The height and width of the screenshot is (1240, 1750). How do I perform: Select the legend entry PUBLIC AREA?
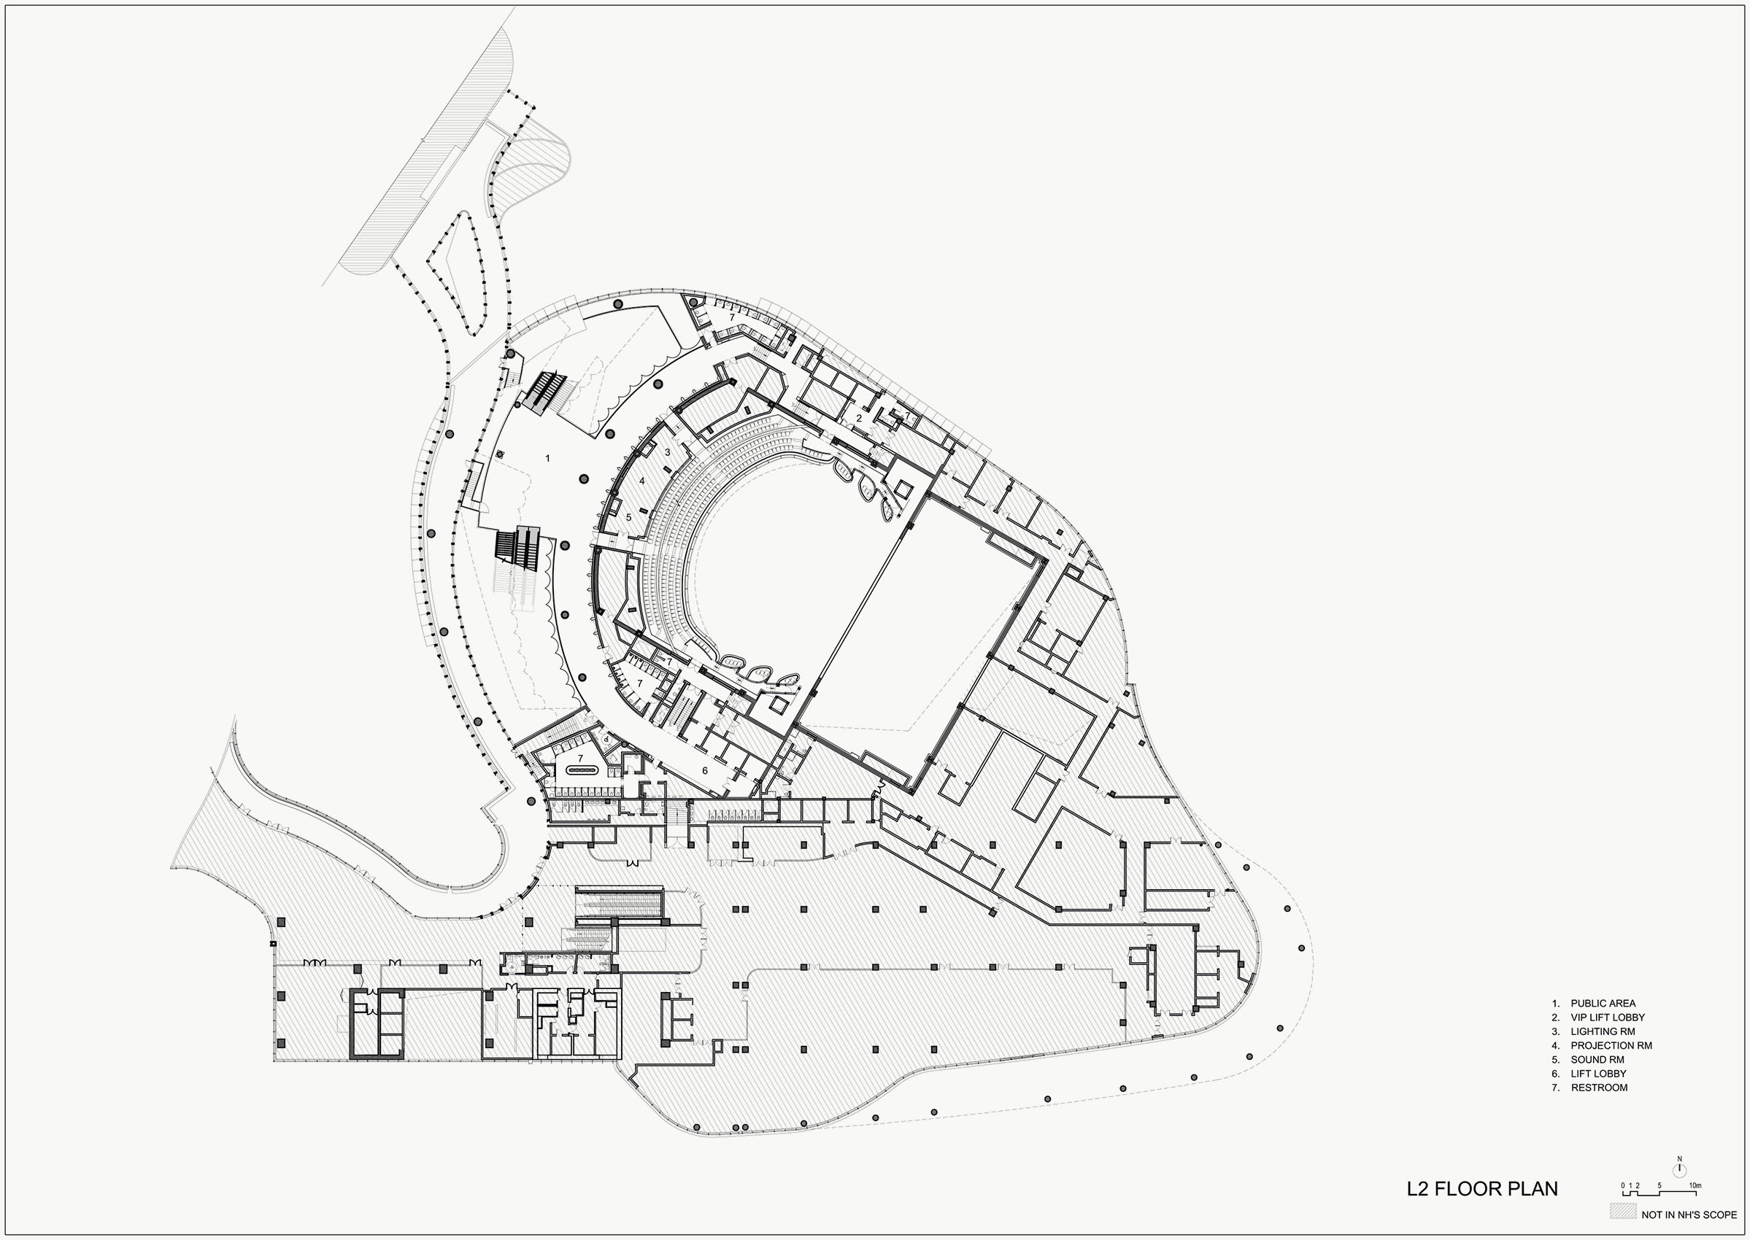[1603, 1003]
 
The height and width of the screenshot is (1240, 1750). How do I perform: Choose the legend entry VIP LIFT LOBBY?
[1607, 1017]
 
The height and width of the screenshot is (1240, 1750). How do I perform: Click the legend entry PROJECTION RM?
[1611, 1045]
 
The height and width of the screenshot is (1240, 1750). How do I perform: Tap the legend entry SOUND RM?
[1596, 1060]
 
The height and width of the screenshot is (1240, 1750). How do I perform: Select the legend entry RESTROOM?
[1599, 1088]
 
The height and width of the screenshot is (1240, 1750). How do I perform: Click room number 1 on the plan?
[547, 458]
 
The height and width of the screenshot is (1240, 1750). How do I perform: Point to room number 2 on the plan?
[858, 418]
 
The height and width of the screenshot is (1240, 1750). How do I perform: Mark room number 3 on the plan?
[667, 452]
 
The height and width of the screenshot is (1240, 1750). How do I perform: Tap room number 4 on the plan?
[642, 481]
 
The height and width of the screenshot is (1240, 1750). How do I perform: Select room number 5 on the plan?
[628, 517]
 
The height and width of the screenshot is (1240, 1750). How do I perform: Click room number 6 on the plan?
[705, 770]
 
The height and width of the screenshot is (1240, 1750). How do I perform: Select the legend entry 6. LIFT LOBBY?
[1598, 1074]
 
